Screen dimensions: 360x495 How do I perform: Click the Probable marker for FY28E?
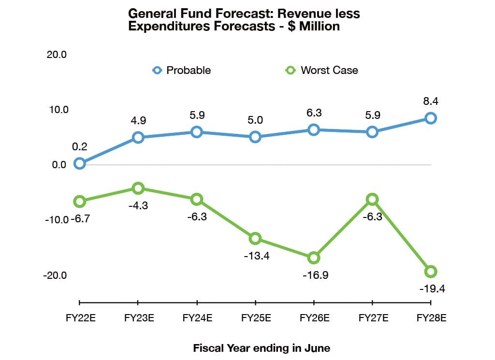[x=430, y=118]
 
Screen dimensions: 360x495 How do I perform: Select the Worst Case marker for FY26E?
[x=314, y=258]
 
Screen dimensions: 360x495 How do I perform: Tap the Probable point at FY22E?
[x=80, y=164]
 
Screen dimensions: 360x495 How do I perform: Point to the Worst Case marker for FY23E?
[x=138, y=188]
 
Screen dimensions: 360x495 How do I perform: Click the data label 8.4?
[x=430, y=101]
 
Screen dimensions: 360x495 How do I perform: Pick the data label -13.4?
[x=256, y=256]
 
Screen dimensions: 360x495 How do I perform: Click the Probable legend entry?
[x=182, y=70]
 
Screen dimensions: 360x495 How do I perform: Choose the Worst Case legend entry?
[x=322, y=70]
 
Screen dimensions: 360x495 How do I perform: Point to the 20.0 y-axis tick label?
[x=57, y=55]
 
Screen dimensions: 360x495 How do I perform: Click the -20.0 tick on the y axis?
[x=56, y=275]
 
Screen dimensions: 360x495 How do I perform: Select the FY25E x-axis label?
[x=256, y=318]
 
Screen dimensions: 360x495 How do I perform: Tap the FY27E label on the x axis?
[x=373, y=318]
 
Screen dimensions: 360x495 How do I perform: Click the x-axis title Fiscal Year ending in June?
[x=262, y=348]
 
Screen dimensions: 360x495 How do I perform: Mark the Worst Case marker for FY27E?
[x=372, y=199]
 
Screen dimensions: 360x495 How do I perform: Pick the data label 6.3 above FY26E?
[x=314, y=113]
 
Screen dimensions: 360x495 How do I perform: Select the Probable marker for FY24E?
[x=197, y=132]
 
